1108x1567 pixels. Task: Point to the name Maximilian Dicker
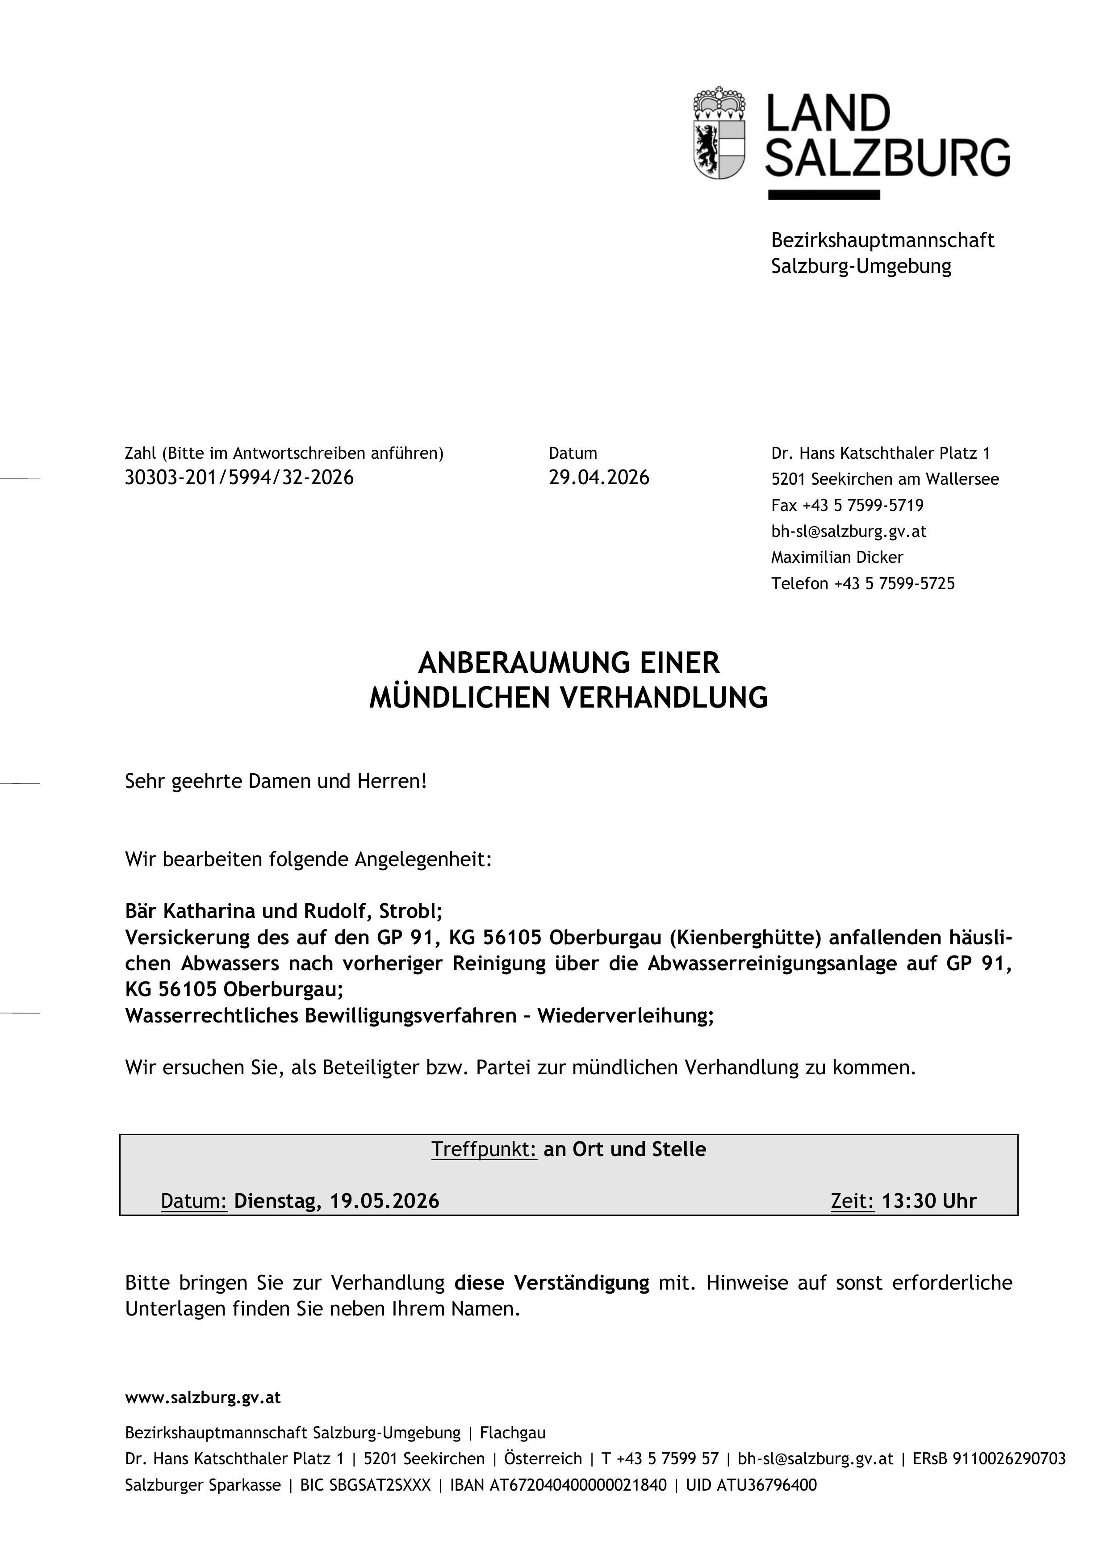[836, 557]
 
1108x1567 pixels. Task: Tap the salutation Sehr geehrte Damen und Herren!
[276, 781]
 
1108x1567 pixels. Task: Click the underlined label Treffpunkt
[484, 1149]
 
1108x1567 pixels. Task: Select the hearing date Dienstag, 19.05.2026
[336, 1201]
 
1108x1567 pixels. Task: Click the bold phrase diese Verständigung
[551, 1283]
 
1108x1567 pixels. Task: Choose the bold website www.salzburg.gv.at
[203, 1398]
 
